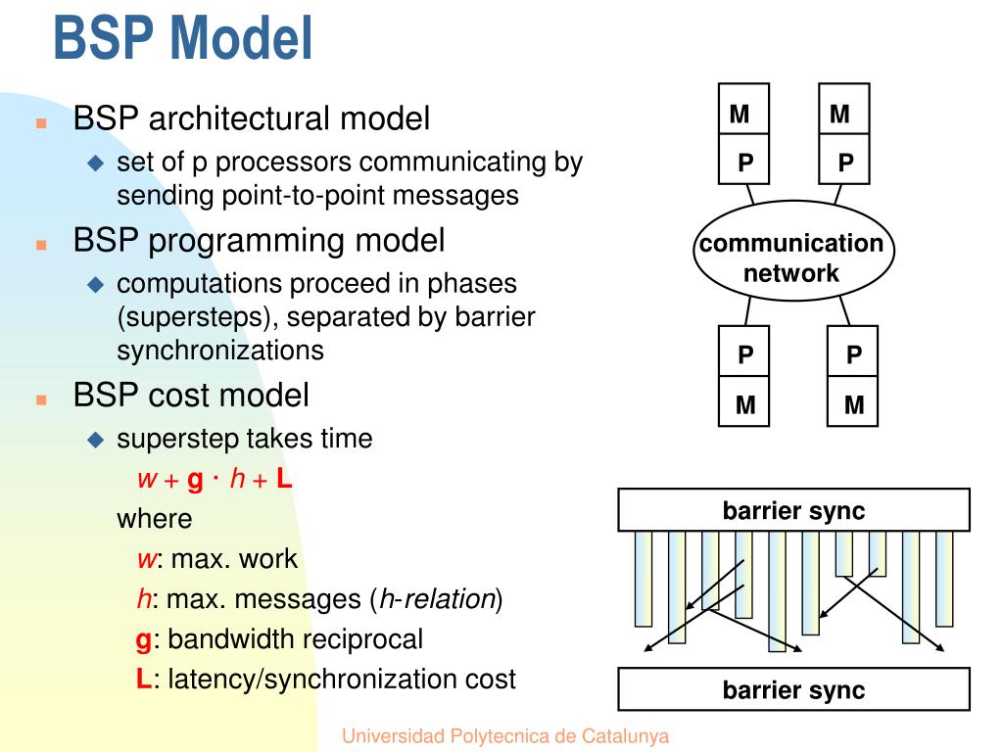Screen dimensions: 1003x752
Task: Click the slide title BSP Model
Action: pos(183,38)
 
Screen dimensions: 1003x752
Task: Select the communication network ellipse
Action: pos(793,250)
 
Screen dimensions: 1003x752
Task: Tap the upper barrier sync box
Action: pos(793,509)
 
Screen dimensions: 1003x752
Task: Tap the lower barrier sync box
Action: pos(793,689)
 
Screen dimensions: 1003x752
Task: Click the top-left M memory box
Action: pos(743,109)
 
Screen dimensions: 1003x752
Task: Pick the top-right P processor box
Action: pos(844,160)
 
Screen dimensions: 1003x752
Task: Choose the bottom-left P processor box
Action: pos(744,352)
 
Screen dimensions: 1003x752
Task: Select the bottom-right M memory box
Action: pos(853,400)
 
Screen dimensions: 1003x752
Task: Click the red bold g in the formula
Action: pos(195,480)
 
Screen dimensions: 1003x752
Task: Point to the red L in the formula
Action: pos(284,478)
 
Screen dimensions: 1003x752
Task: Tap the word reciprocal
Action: pos(357,639)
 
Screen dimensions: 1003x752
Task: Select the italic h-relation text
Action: pos(438,599)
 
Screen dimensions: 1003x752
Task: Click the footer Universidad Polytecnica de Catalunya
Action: pos(505,736)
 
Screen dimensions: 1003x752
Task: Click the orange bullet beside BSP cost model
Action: pos(41,400)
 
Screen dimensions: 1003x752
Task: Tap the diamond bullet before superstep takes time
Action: pos(96,440)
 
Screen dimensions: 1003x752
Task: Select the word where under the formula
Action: pos(154,519)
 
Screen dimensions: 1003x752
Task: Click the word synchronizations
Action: pos(220,351)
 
